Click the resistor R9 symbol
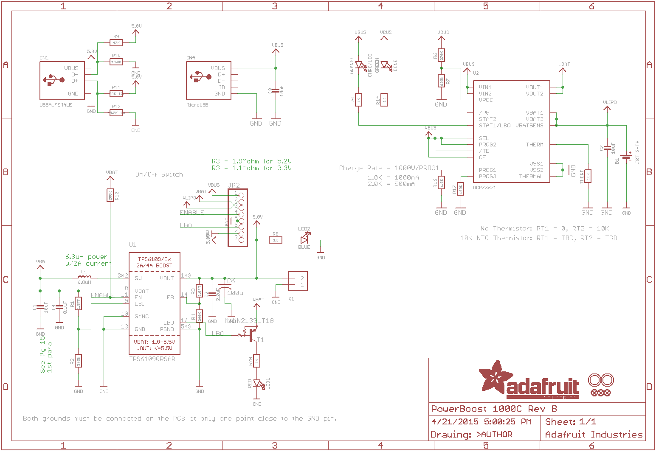116,42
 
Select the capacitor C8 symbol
276,90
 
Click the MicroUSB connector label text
197,105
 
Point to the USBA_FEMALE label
56,105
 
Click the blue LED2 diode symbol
304,240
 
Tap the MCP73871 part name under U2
484,187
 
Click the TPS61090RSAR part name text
152,359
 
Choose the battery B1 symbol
626,157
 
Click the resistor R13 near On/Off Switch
110,195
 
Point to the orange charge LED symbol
359,65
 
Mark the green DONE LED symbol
385,65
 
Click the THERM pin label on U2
535,145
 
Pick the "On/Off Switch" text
159,174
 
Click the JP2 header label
234,185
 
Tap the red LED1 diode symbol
257,384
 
